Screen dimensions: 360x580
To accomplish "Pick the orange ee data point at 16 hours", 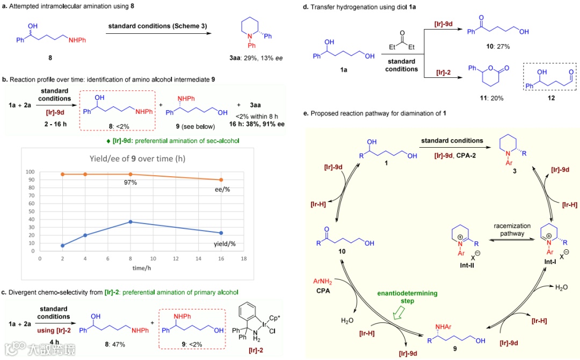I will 221,179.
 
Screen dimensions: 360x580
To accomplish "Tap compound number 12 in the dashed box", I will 548,99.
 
